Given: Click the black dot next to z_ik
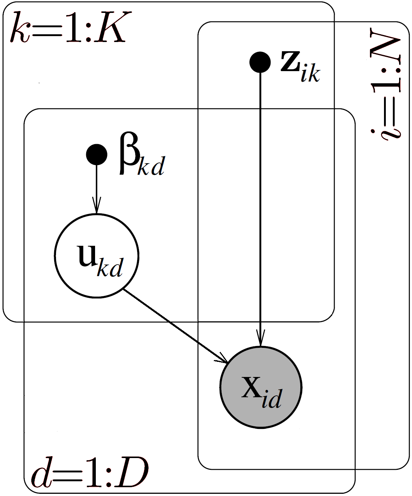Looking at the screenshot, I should coord(260,62).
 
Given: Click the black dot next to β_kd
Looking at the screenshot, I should coord(97,154).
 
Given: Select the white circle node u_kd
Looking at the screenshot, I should coord(97,255).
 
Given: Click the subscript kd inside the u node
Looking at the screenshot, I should coord(110,268).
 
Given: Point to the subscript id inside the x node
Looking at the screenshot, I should coord(272,399).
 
